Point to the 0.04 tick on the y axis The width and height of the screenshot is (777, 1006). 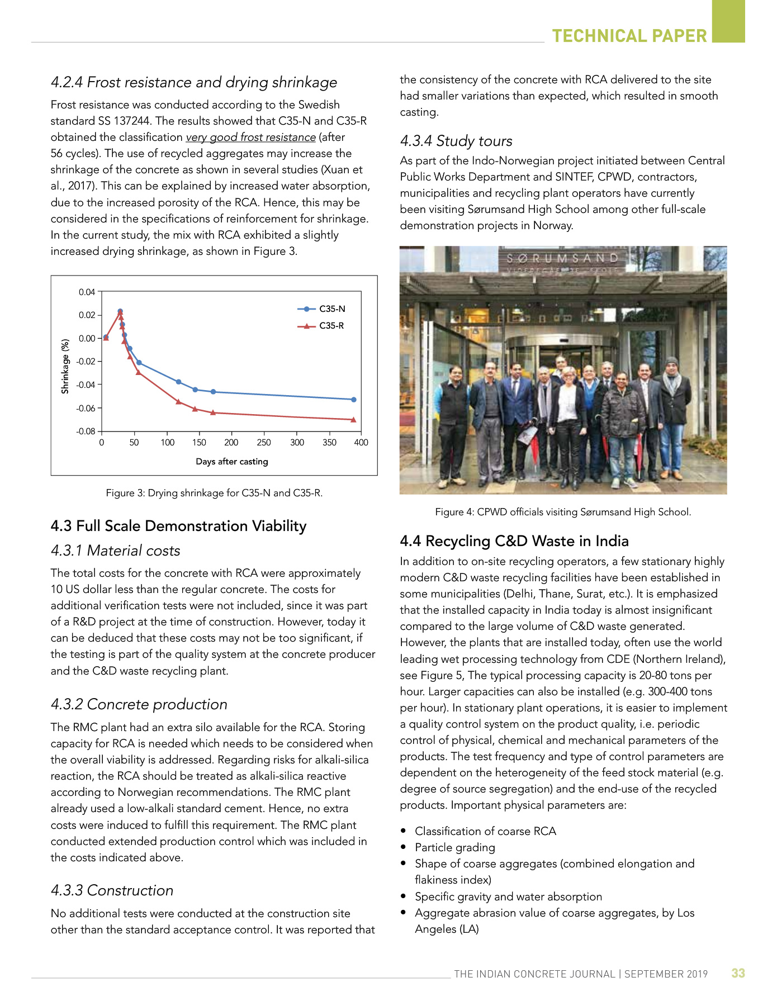pyautogui.click(x=87, y=292)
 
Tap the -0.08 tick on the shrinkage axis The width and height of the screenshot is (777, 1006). pyautogui.click(x=86, y=431)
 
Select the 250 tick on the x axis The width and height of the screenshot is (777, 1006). pyautogui.click(x=264, y=443)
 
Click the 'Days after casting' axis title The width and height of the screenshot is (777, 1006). pyautogui.click(x=231, y=462)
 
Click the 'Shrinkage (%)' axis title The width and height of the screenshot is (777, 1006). pyautogui.click(x=65, y=366)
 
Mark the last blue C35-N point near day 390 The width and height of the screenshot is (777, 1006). pyautogui.click(x=354, y=400)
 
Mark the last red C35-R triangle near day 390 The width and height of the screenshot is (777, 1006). pyautogui.click(x=354, y=420)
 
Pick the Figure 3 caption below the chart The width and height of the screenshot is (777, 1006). pyautogui.click(x=214, y=493)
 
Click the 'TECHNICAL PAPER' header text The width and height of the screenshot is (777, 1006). pyautogui.click(x=629, y=36)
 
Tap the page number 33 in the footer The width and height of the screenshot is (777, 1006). pyautogui.click(x=738, y=973)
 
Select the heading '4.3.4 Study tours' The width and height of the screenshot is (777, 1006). pyautogui.click(x=456, y=141)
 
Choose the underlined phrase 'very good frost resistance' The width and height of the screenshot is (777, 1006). pyautogui.click(x=251, y=137)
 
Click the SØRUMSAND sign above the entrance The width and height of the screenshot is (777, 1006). pyautogui.click(x=563, y=258)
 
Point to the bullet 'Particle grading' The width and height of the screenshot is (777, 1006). pyautogui.click(x=455, y=847)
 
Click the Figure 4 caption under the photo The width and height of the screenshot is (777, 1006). pyautogui.click(x=563, y=512)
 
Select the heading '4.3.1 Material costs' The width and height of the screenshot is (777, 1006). pyautogui.click(x=116, y=551)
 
